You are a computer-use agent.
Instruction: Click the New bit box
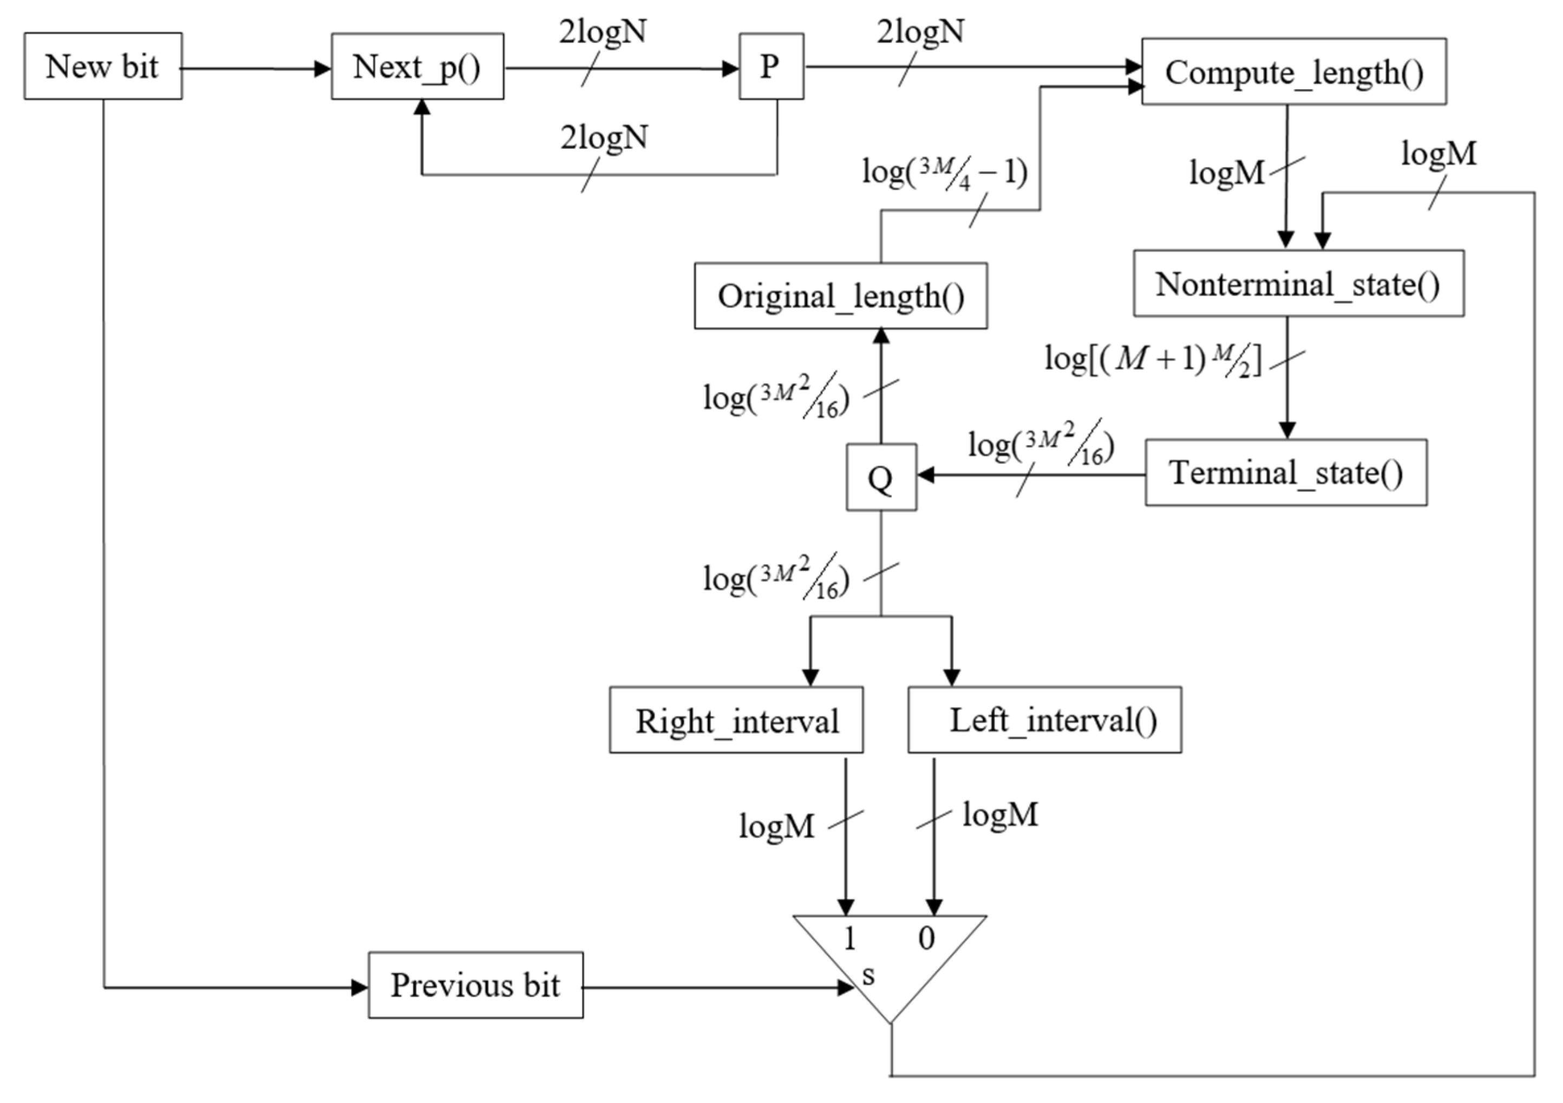click(x=103, y=66)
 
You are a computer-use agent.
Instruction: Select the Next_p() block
click(x=417, y=67)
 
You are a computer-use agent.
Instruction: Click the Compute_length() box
click(x=1293, y=71)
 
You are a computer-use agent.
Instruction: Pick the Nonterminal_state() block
click(x=1298, y=283)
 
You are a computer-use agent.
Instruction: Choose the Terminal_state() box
click(x=1285, y=473)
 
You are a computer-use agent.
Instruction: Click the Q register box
click(x=881, y=477)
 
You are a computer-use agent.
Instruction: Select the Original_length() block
click(x=840, y=296)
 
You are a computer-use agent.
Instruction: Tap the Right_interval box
click(x=736, y=720)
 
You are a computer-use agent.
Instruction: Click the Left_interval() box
click(x=1044, y=720)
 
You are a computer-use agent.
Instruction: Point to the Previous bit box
click(x=475, y=984)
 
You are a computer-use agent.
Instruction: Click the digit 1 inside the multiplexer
click(x=849, y=939)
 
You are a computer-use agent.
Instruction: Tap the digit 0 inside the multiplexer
click(x=926, y=939)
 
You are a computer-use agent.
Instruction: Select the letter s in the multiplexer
click(x=868, y=975)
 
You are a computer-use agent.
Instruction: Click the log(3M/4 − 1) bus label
click(x=944, y=173)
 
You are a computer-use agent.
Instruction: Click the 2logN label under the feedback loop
click(x=603, y=138)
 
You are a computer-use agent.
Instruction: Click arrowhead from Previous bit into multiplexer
click(x=846, y=987)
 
